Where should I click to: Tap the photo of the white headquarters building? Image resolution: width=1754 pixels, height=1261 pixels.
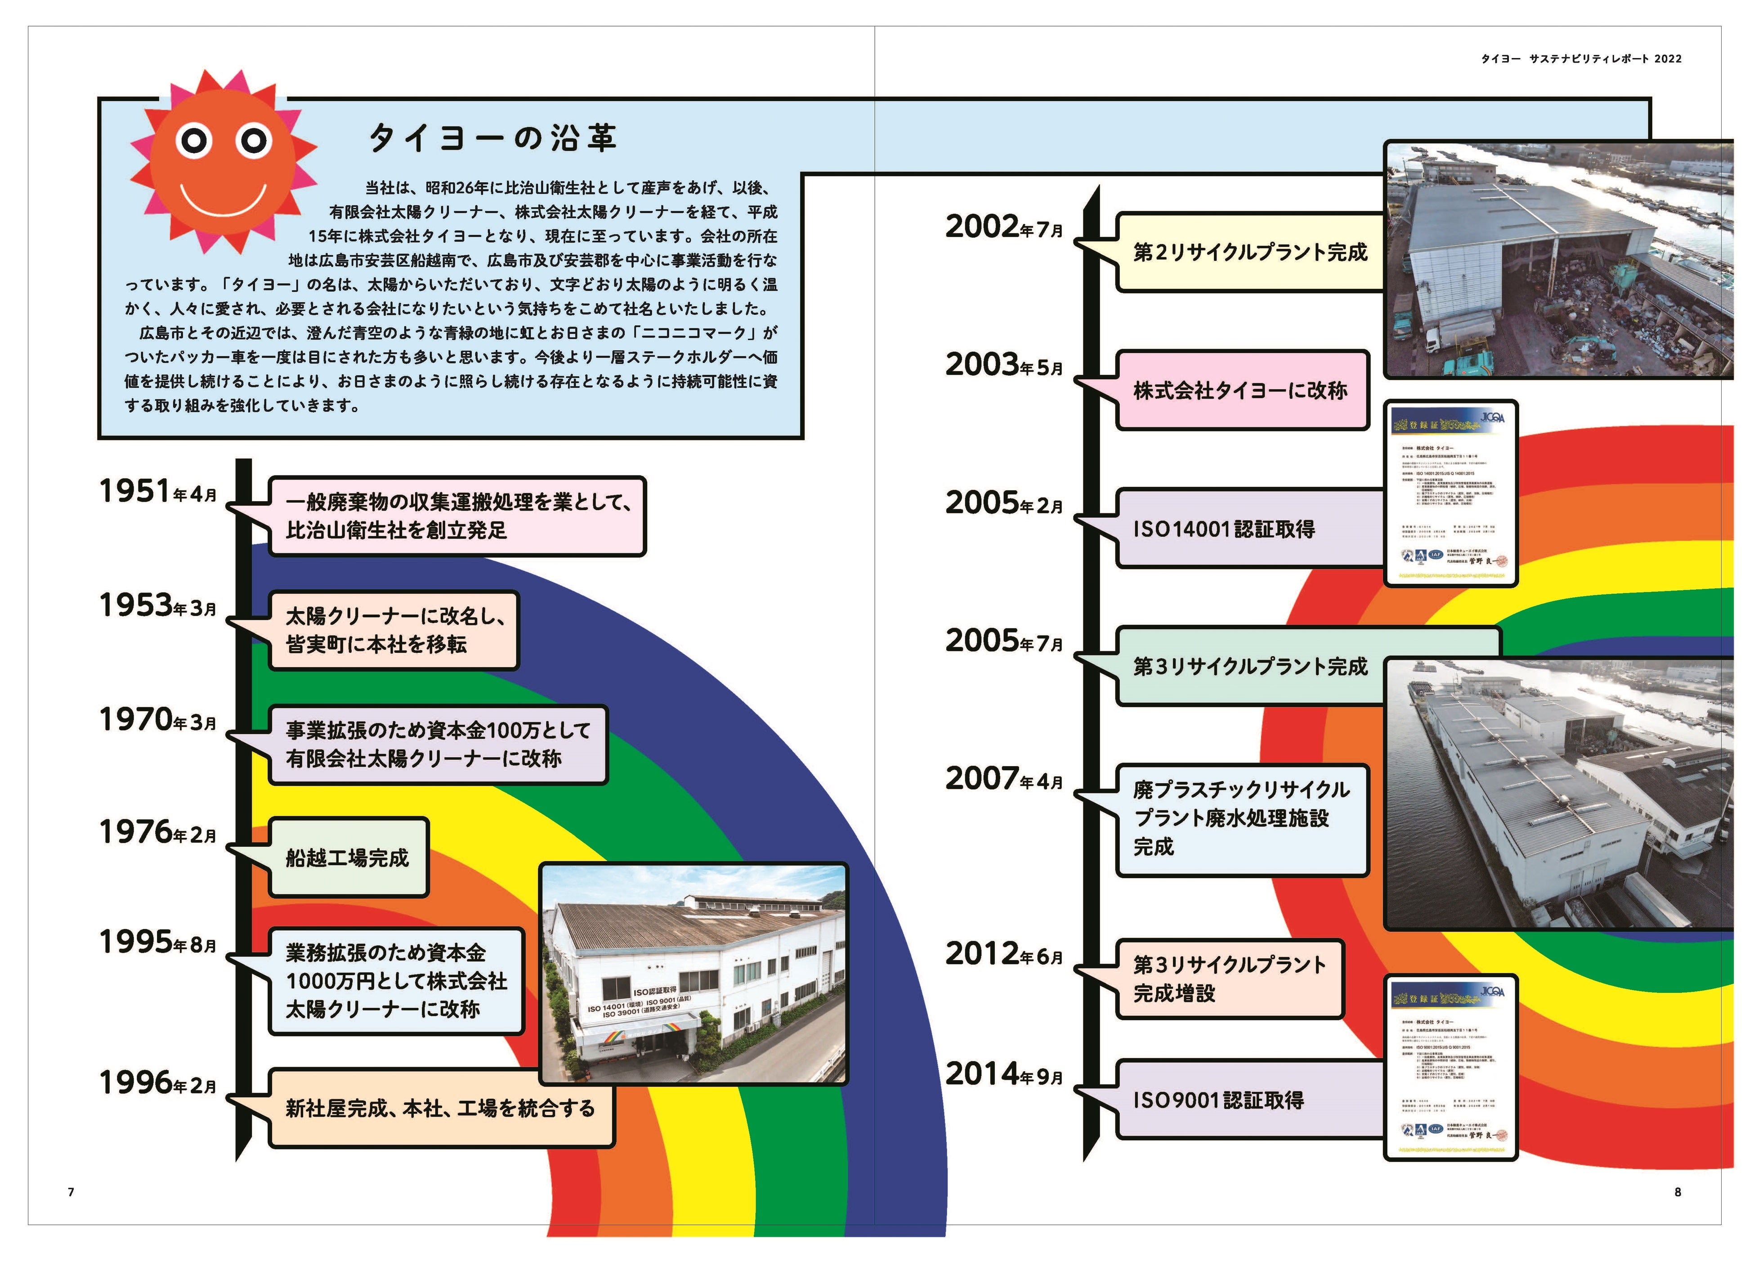click(694, 973)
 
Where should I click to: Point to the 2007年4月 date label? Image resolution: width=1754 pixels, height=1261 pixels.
click(1004, 779)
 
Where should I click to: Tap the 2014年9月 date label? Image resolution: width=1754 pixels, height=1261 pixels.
click(1004, 1075)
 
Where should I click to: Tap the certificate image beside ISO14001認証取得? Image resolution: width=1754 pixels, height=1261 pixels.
click(1450, 494)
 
